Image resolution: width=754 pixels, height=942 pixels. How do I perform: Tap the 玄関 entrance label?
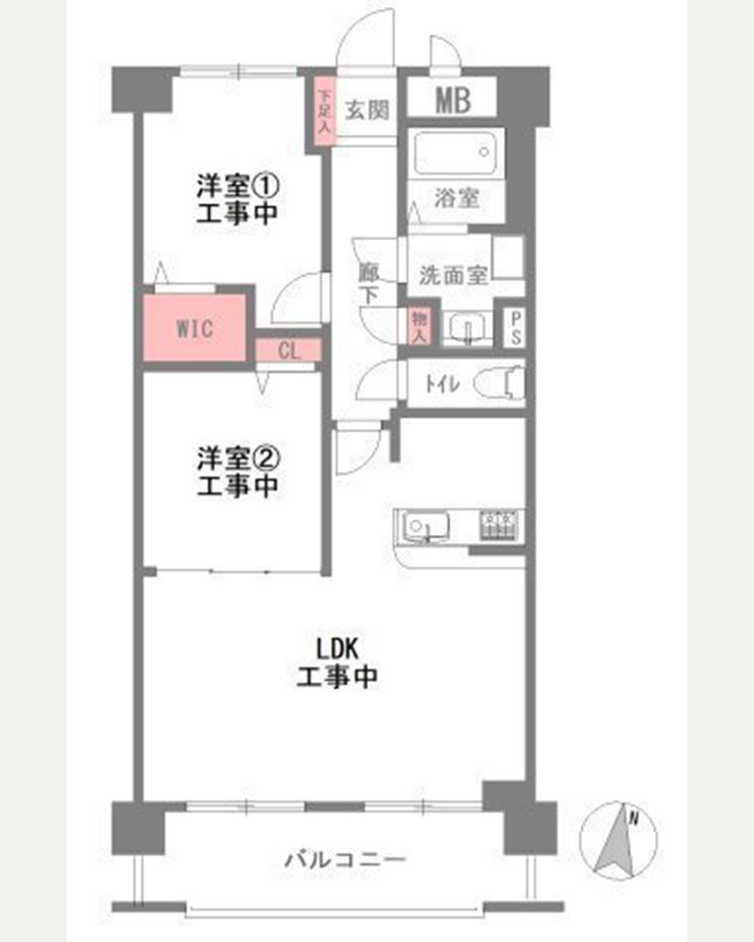click(x=367, y=110)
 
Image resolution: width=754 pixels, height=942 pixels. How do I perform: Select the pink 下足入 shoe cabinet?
click(x=324, y=111)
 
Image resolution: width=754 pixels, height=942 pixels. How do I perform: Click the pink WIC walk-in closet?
click(x=194, y=328)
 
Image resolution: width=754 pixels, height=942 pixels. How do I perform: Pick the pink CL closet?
click(x=289, y=350)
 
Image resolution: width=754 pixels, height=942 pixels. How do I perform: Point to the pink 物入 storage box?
click(x=420, y=327)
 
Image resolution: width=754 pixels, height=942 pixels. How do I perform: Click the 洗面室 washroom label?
click(x=453, y=276)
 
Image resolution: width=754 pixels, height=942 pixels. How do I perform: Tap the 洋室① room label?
click(x=237, y=187)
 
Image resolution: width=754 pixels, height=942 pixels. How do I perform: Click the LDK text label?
click(x=337, y=650)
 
